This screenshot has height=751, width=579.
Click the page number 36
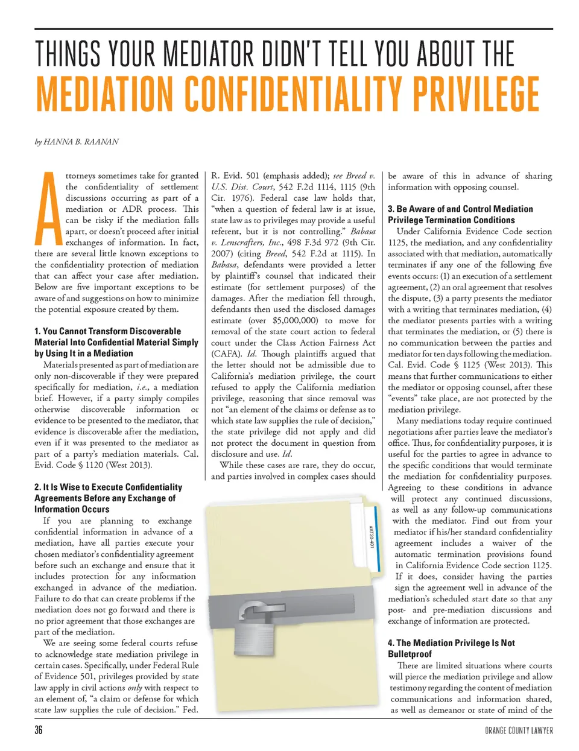click(39, 730)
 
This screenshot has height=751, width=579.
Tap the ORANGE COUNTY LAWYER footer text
click(518, 730)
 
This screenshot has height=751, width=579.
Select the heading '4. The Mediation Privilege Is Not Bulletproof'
click(451, 648)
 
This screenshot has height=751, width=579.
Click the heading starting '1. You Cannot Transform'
click(116, 342)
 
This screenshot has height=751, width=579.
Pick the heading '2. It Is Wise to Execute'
click(108, 498)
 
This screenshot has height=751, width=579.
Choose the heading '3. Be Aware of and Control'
click(460, 214)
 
